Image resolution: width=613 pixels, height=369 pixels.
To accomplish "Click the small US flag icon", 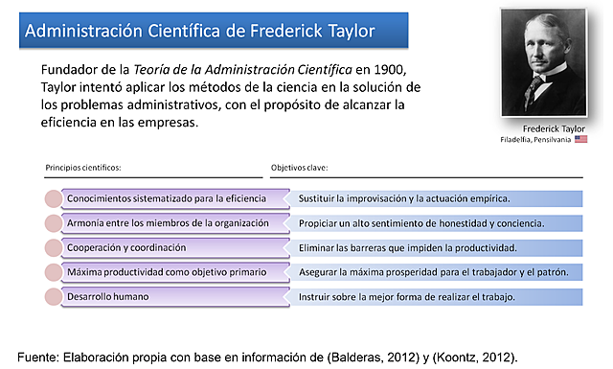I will pyautogui.click(x=581, y=140).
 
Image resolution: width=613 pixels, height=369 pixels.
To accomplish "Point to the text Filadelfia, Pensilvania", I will pyautogui.click(x=535, y=140).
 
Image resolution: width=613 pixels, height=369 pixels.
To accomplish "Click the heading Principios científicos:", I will pyautogui.click(x=83, y=167).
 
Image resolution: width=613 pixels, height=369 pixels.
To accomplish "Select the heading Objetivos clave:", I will pyautogui.click(x=300, y=167).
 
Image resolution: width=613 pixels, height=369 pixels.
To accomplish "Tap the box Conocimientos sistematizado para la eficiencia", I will pyautogui.click(x=165, y=198).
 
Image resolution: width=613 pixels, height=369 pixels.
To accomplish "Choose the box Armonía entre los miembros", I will pyautogui.click(x=165, y=223).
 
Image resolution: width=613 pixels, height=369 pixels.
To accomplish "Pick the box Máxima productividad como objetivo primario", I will pyautogui.click(x=165, y=272).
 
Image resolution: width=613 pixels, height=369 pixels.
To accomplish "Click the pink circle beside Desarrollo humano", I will pyautogui.click(x=54, y=297).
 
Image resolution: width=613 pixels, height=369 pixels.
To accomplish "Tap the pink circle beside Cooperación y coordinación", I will pyautogui.click(x=54, y=248).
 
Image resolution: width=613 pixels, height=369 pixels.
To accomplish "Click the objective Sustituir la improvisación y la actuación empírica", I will pyautogui.click(x=404, y=198).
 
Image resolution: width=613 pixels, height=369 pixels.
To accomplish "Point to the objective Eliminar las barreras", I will pyautogui.click(x=407, y=247).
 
